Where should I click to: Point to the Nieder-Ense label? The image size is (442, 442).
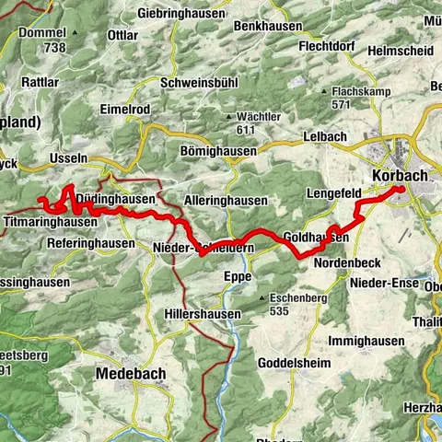pos(384,283)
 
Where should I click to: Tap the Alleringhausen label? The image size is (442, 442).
pos(226,200)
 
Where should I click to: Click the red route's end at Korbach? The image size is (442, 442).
pos(401,190)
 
